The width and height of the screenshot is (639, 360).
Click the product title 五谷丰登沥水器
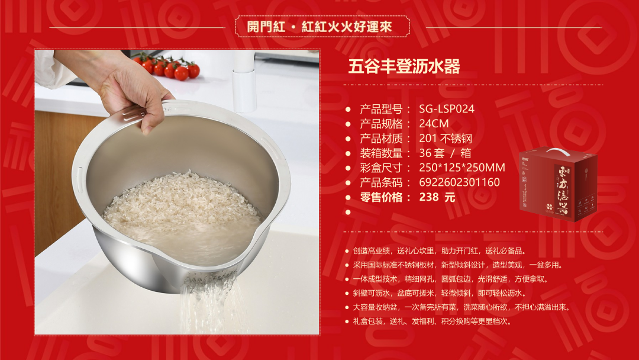point(404,66)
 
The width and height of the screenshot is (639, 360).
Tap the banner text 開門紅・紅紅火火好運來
point(319,27)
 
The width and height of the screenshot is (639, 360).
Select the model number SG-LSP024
point(447,109)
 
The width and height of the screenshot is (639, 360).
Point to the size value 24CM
point(434,124)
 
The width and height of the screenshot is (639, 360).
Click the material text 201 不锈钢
point(446,139)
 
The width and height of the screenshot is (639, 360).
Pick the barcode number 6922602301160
point(459,182)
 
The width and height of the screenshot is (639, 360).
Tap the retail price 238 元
point(437,197)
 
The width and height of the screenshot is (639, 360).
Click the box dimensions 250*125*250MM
point(461,168)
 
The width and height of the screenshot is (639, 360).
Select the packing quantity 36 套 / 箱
point(445,153)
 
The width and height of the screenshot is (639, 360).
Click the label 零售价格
point(381,197)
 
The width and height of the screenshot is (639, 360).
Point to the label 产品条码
point(381,182)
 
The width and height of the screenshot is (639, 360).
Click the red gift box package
point(557,185)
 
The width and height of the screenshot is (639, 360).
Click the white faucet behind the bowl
point(244,82)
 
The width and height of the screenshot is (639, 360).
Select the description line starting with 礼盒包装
point(433,322)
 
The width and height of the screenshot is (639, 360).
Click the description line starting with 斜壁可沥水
point(440,293)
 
